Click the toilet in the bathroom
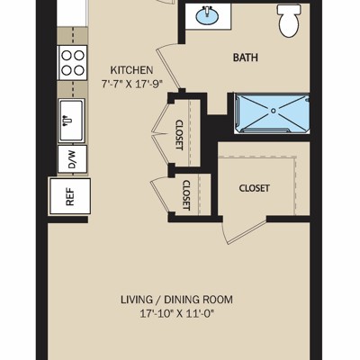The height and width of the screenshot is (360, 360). click(x=289, y=21)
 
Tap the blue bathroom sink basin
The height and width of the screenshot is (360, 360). click(x=207, y=15)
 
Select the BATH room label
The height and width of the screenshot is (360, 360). click(x=246, y=58)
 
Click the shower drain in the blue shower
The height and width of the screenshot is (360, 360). click(x=273, y=111)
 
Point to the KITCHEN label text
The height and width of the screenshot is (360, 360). click(x=131, y=70)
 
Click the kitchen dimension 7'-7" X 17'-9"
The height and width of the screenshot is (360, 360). click(x=131, y=84)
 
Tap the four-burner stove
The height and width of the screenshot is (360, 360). click(x=72, y=63)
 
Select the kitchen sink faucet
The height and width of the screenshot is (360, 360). click(x=67, y=121)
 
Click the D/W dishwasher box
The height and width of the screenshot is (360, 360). click(x=72, y=159)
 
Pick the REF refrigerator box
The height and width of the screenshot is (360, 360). click(x=70, y=196)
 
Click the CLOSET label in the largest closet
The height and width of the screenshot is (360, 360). click(x=254, y=188)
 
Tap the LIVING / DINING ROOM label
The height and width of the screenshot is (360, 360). click(x=176, y=300)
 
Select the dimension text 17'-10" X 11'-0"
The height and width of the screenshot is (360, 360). click(x=177, y=314)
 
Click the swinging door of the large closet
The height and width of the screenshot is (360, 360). click(x=244, y=230)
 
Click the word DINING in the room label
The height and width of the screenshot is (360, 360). click(x=182, y=300)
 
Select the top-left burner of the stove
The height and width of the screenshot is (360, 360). click(x=67, y=56)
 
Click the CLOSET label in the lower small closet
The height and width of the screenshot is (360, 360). click(x=186, y=195)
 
